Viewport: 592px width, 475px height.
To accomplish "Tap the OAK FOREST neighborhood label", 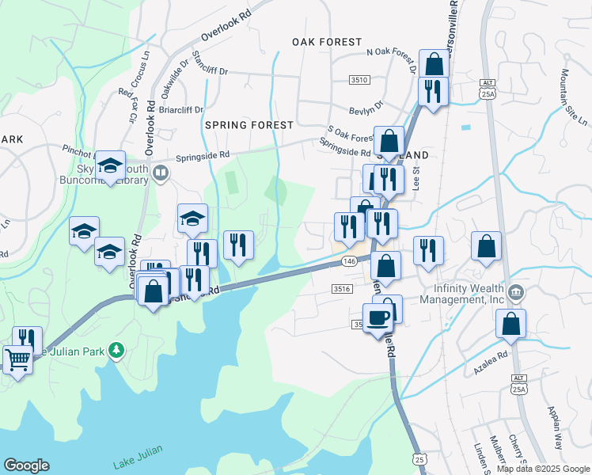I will pyautogui.click(x=326, y=41).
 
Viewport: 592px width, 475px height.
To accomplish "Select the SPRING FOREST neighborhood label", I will pyautogui.click(x=249, y=125).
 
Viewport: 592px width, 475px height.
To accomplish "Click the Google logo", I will pyautogui.click(x=26, y=465).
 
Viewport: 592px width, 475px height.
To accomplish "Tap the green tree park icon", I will pyautogui.click(x=117, y=349).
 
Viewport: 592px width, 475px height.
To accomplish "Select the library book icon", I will pyautogui.click(x=161, y=173).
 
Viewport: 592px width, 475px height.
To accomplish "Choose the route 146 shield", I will pyautogui.click(x=349, y=260).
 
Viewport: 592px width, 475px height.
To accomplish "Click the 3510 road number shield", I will pyautogui.click(x=360, y=80).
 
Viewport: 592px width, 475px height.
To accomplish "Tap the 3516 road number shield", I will pyautogui.click(x=342, y=289).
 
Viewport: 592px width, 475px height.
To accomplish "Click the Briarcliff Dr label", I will pyautogui.click(x=181, y=110).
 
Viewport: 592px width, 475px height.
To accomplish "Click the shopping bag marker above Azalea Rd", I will pyautogui.click(x=511, y=323).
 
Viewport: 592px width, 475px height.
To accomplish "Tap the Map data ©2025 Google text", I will pyautogui.click(x=543, y=469).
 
